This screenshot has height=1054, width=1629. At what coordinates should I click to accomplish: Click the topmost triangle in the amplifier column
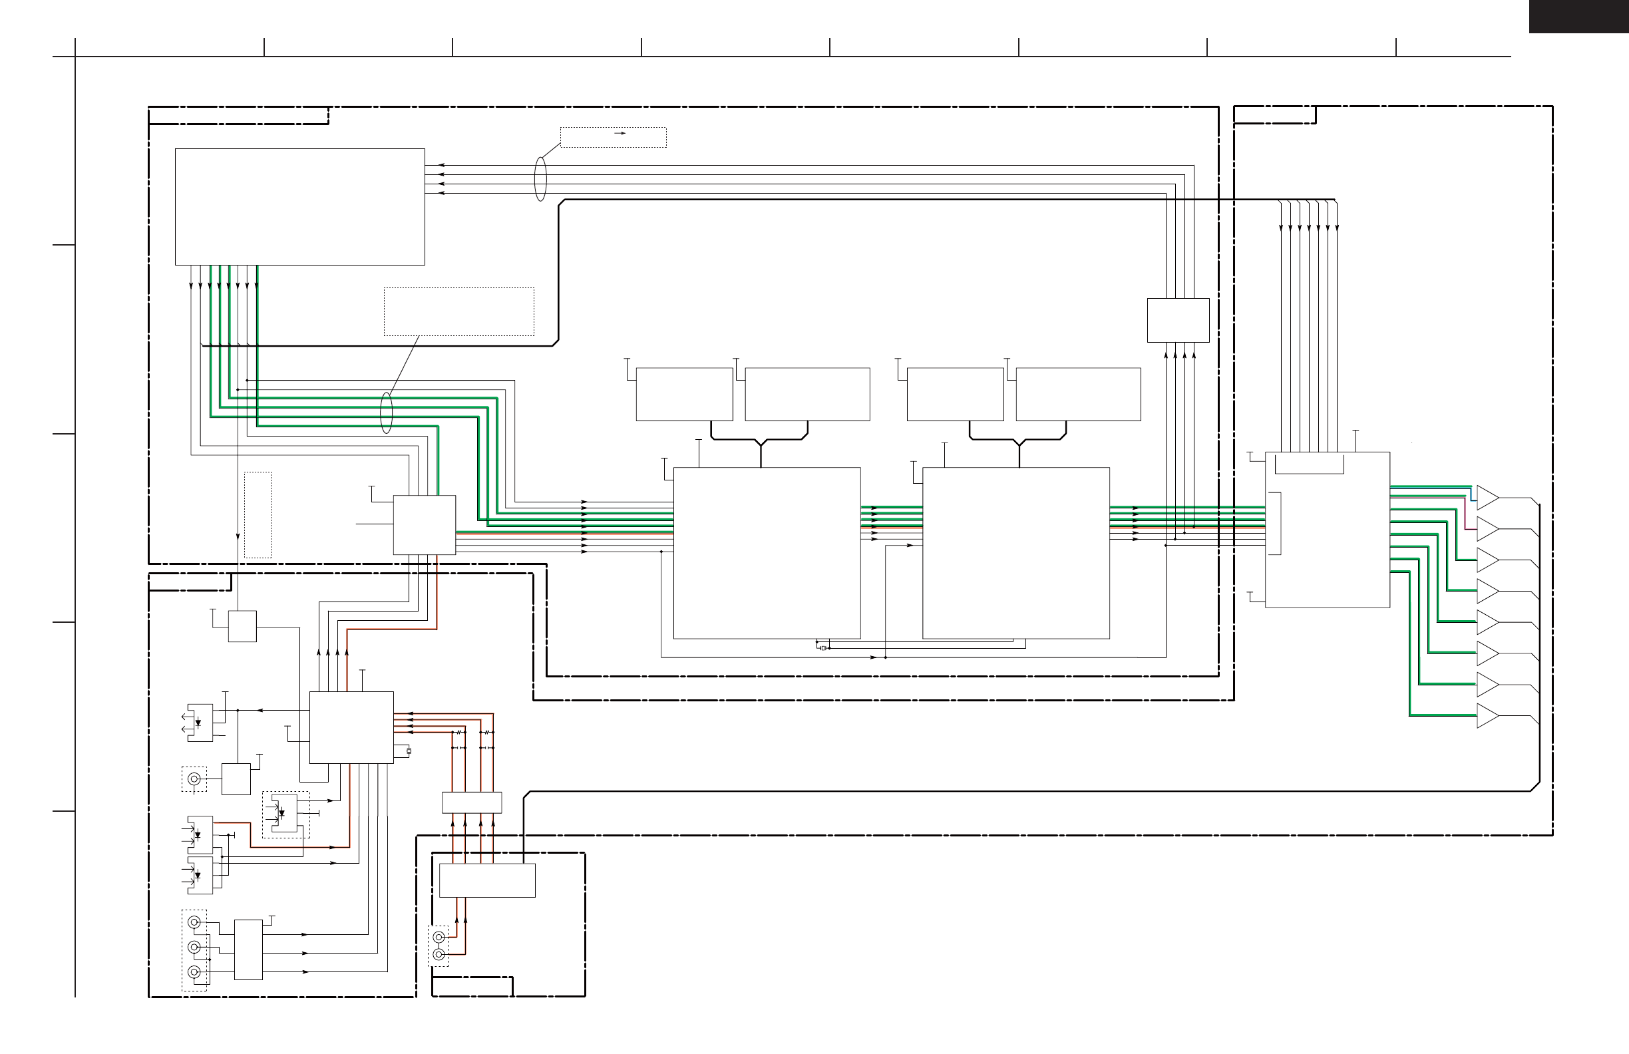pos(1486,498)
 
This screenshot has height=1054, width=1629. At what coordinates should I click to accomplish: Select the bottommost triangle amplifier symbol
pos(1486,715)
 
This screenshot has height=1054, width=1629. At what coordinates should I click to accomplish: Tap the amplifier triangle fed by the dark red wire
pos(1486,529)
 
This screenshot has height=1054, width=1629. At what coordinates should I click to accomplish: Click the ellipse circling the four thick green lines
pos(387,413)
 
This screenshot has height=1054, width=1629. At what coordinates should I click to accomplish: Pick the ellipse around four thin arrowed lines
pos(540,179)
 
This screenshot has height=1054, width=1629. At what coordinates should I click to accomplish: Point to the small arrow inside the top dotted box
pos(620,134)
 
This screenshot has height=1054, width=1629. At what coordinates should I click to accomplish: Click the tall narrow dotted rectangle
pos(258,514)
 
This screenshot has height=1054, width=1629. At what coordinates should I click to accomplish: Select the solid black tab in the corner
pos(1578,16)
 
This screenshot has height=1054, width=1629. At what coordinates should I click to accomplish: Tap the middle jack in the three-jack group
pos(194,948)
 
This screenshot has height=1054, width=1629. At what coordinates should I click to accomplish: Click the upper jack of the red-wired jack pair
pos(439,937)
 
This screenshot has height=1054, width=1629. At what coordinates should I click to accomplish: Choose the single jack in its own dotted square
pos(194,779)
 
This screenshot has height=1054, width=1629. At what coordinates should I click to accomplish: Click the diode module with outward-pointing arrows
pos(199,722)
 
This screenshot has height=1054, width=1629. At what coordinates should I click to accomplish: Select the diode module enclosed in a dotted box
pos(285,814)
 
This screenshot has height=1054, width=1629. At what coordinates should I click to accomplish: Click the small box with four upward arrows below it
pos(1178,320)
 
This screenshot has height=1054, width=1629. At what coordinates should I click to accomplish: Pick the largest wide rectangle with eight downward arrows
pos(300,207)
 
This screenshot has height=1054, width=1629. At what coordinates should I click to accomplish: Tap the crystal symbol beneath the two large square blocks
pos(822,648)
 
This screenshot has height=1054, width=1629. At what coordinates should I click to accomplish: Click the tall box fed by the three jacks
pos(248,950)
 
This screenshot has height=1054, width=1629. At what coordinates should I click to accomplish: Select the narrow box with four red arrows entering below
pos(472,802)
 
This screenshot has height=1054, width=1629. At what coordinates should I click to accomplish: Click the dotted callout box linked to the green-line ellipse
pos(458,311)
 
